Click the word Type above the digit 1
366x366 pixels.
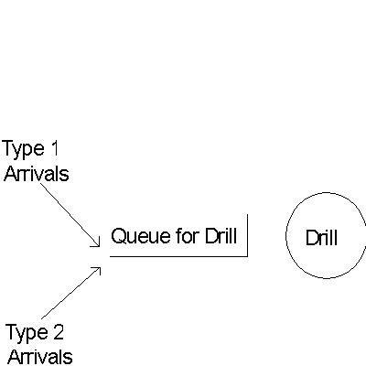[23, 150]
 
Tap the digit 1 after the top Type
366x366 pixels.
[54, 148]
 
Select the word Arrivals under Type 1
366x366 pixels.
[37, 174]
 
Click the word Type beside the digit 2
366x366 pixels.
[27, 333]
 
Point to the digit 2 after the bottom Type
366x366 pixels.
[58, 332]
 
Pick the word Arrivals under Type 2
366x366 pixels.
[40, 357]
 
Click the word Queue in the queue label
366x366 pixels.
[136, 236]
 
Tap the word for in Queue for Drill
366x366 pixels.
[188, 235]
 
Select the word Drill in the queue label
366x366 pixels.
[221, 235]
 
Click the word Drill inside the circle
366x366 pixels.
[321, 238]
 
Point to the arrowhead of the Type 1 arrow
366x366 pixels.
[99, 246]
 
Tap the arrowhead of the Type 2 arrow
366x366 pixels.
[100, 268]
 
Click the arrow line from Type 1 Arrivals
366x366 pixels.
[70, 214]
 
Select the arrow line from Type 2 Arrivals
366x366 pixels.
[70, 293]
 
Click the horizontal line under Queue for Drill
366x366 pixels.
[178, 256]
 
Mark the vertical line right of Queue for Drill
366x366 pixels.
[247, 235]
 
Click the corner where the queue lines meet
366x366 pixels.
[247, 256]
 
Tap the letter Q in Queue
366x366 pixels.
[118, 236]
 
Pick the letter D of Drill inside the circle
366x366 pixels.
[312, 238]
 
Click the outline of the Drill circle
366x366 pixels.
[286, 235]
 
